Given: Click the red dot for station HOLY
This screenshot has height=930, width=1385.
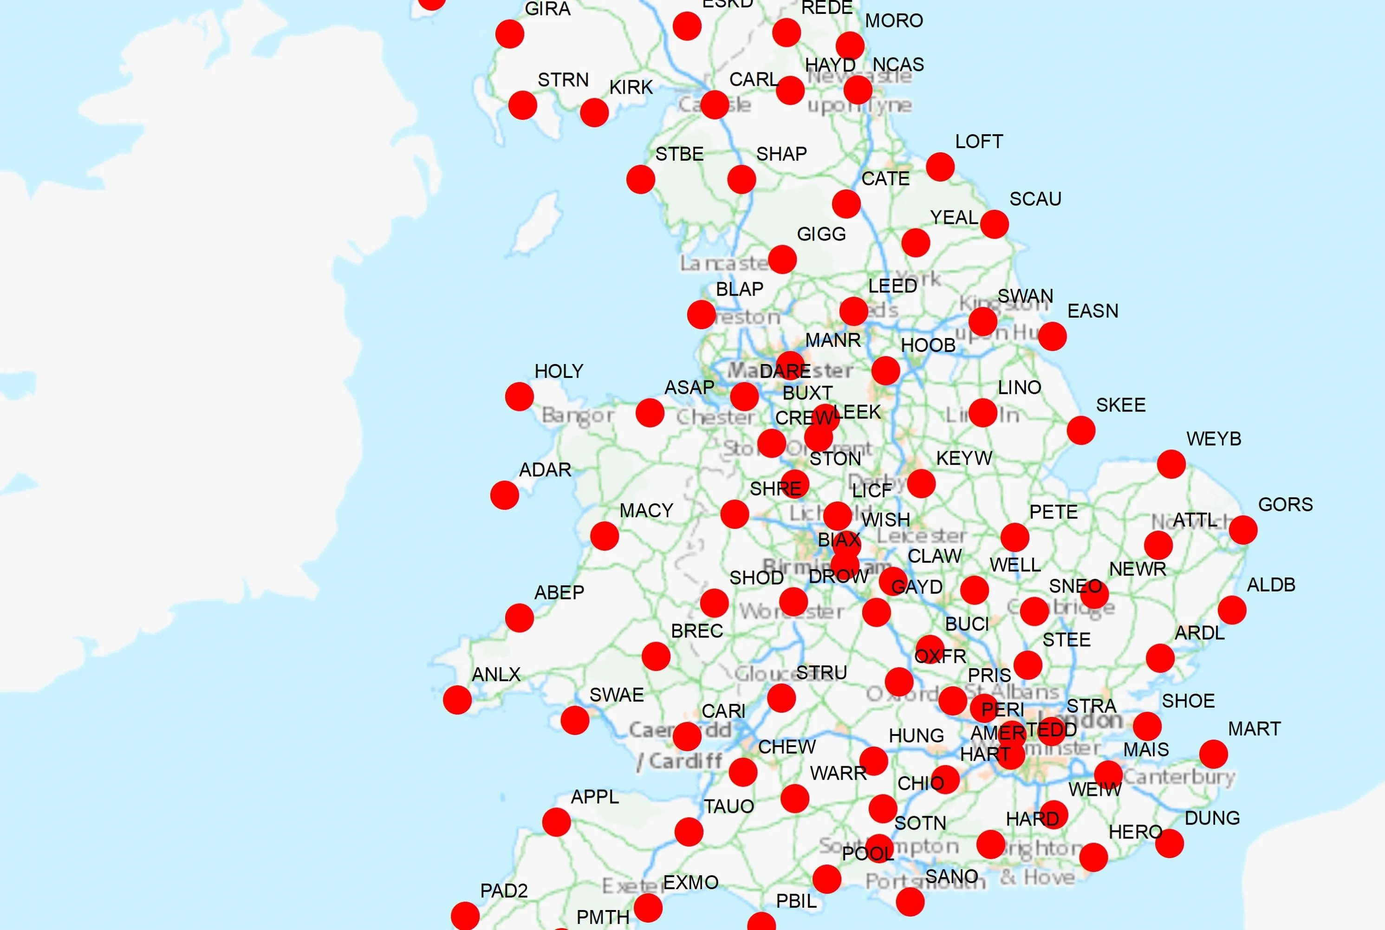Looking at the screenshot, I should click(x=519, y=396).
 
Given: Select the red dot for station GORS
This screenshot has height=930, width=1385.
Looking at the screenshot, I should click(x=1242, y=530).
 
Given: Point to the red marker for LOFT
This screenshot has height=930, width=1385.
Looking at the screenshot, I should click(x=940, y=167).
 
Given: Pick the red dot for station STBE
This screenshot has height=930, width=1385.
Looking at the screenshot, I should click(x=641, y=179).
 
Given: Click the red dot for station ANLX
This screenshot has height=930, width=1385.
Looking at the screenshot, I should click(x=457, y=700).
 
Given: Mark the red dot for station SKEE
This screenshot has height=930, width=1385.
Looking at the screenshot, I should click(x=1081, y=430).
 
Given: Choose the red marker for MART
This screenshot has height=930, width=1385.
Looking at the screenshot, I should click(x=1213, y=754).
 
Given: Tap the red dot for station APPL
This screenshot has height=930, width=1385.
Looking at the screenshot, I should click(x=556, y=822).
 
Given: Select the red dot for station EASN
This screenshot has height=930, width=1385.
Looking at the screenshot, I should click(x=1052, y=336).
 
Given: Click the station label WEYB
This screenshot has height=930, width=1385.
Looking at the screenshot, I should click(x=1214, y=439).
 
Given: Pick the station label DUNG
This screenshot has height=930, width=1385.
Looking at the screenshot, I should click(x=1212, y=819).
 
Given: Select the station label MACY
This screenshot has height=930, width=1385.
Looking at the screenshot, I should click(x=646, y=511).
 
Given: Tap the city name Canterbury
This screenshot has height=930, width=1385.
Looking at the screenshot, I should click(x=1179, y=776).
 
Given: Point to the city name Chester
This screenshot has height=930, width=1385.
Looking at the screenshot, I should click(x=715, y=417).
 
